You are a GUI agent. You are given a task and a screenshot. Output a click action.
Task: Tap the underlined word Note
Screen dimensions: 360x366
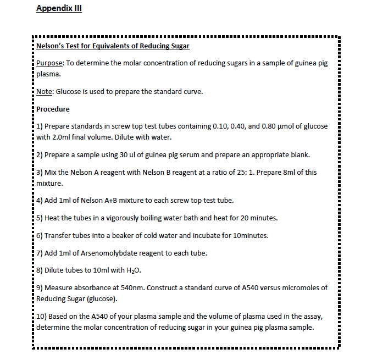(x=44, y=91)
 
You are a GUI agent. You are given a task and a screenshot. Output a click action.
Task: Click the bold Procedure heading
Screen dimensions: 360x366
(x=53, y=109)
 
